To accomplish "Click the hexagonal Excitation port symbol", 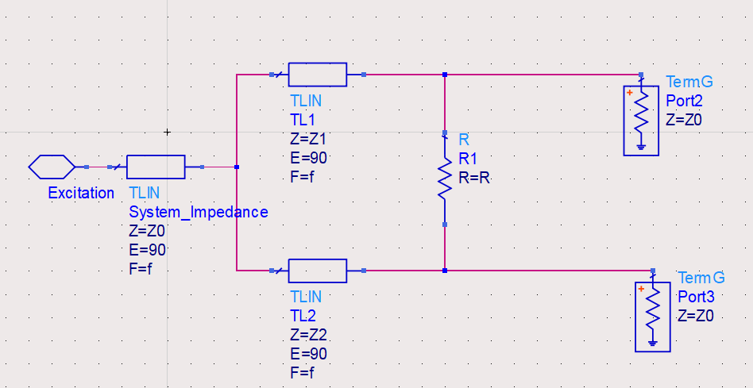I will tap(52, 167).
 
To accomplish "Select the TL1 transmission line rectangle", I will tap(317, 75).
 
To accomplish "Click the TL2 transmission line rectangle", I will tap(317, 271).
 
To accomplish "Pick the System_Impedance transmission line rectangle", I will tap(156, 167).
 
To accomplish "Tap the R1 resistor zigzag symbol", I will tap(445, 180).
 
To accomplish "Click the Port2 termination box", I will tap(641, 117).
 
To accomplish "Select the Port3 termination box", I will tap(652, 316).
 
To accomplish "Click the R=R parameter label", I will tap(475, 178).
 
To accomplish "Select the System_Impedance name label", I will tap(198, 212).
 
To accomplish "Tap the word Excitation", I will tap(81, 193).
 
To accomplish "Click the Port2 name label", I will tap(684, 101).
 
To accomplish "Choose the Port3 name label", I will tap(696, 297).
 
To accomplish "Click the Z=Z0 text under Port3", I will tap(696, 315).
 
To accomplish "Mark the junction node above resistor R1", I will tap(445, 75).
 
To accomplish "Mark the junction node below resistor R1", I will tap(445, 271).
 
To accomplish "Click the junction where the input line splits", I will tap(237, 167).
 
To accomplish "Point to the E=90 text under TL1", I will tap(309, 157).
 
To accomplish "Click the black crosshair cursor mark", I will tap(167, 132).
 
